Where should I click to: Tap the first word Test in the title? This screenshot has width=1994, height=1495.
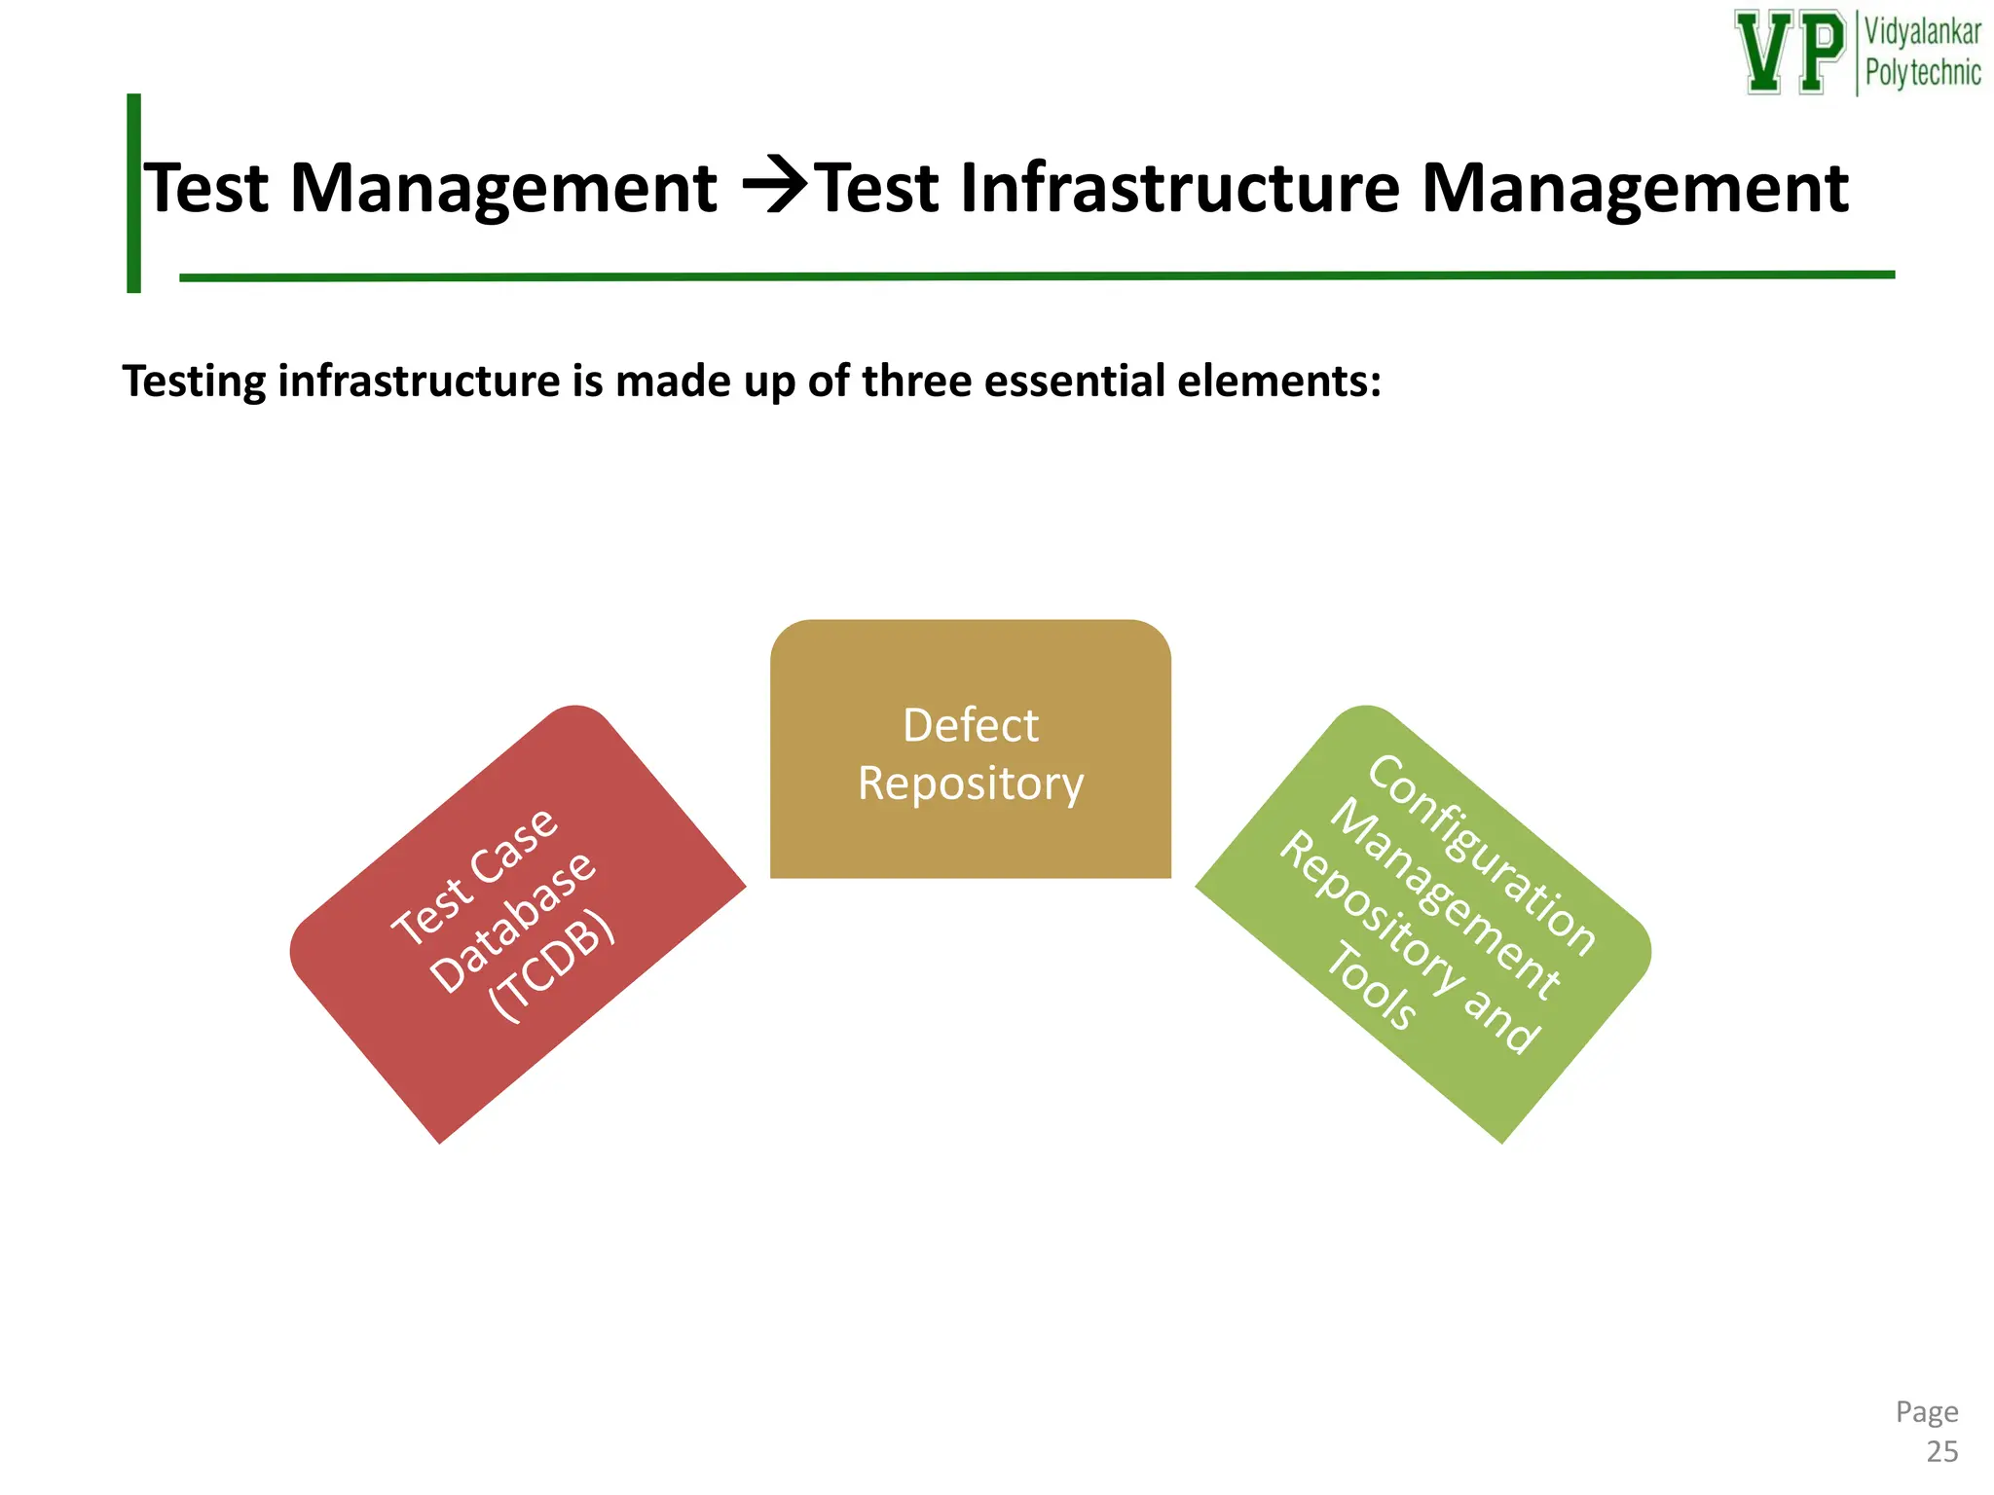207,187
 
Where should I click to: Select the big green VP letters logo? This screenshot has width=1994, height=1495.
1790,53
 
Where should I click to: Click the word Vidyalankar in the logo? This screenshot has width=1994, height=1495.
1922,32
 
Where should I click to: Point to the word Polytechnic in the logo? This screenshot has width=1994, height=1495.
1922,73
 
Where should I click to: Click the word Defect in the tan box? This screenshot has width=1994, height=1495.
971,726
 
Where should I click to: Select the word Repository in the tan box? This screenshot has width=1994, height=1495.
971,784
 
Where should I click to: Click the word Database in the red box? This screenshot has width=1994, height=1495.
512,922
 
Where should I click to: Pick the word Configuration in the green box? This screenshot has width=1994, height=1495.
1481,855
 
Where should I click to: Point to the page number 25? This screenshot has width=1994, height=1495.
1941,1452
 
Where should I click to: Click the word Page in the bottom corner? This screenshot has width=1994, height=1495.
1926,1411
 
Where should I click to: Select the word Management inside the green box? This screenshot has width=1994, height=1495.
1445,899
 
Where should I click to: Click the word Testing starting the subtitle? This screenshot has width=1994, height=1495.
194,382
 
